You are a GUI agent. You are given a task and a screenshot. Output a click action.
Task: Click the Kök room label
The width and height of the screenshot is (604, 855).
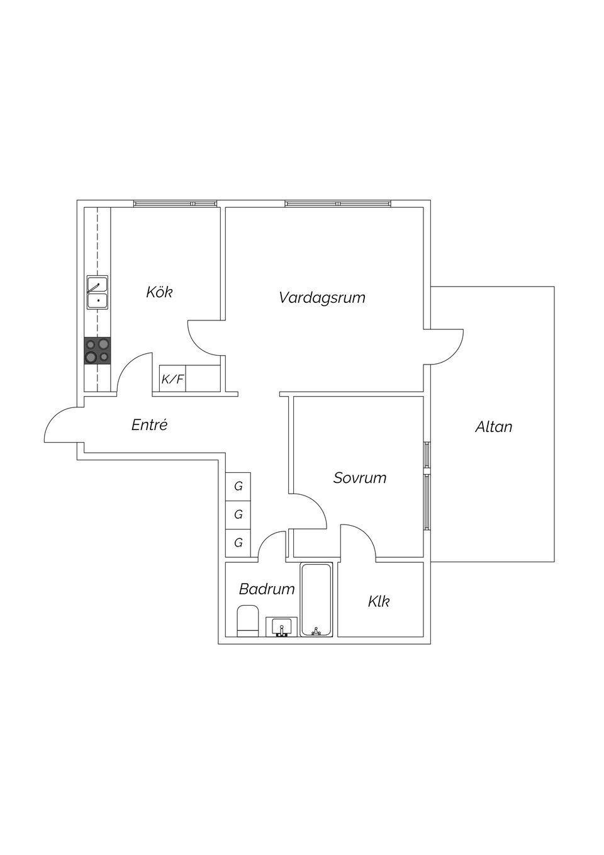[159, 292]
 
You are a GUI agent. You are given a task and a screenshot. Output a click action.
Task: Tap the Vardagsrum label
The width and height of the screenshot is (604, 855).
[322, 298]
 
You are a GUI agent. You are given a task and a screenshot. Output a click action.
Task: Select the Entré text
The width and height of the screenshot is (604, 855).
[150, 425]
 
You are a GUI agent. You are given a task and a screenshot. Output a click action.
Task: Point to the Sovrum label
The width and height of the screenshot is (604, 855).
[360, 478]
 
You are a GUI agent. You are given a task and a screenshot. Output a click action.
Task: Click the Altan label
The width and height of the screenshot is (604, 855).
[493, 427]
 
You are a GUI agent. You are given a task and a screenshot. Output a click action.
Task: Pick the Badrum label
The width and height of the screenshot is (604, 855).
[267, 589]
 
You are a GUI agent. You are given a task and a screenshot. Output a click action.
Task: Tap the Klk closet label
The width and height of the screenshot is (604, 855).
[379, 601]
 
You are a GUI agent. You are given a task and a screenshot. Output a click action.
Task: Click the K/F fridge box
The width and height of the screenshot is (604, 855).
[172, 378]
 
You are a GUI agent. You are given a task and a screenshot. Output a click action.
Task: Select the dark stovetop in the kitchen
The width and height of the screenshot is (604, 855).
[98, 351]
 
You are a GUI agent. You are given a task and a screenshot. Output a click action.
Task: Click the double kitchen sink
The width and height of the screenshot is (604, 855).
[98, 292]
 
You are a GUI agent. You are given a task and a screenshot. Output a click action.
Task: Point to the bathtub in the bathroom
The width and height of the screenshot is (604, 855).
[316, 599]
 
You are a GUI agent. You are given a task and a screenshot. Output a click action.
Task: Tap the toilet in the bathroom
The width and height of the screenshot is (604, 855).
[247, 621]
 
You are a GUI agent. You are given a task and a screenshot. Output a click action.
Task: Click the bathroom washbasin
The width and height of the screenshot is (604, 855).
[282, 626]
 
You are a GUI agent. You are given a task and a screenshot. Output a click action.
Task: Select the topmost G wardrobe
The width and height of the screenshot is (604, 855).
[238, 486]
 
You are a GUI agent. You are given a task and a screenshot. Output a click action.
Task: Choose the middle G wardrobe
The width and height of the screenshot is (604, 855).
[238, 514]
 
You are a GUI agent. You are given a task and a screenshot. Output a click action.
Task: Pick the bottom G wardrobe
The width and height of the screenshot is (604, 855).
[238, 542]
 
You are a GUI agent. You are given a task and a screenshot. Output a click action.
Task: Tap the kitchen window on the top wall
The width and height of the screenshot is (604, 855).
[175, 203]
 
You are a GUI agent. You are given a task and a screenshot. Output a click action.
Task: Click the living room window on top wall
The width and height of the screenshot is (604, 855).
[338, 203]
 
